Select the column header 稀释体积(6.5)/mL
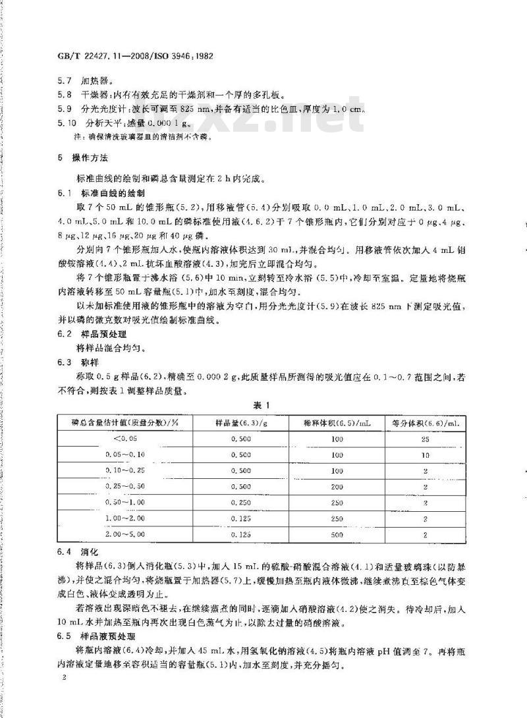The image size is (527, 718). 338,422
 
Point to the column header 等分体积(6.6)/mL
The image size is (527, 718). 425,422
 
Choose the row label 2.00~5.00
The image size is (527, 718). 125,535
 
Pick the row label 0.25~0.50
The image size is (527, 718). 125,486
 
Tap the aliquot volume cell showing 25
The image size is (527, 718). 425,438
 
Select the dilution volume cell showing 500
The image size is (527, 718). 338,535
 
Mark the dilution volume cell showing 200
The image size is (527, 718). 338,486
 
